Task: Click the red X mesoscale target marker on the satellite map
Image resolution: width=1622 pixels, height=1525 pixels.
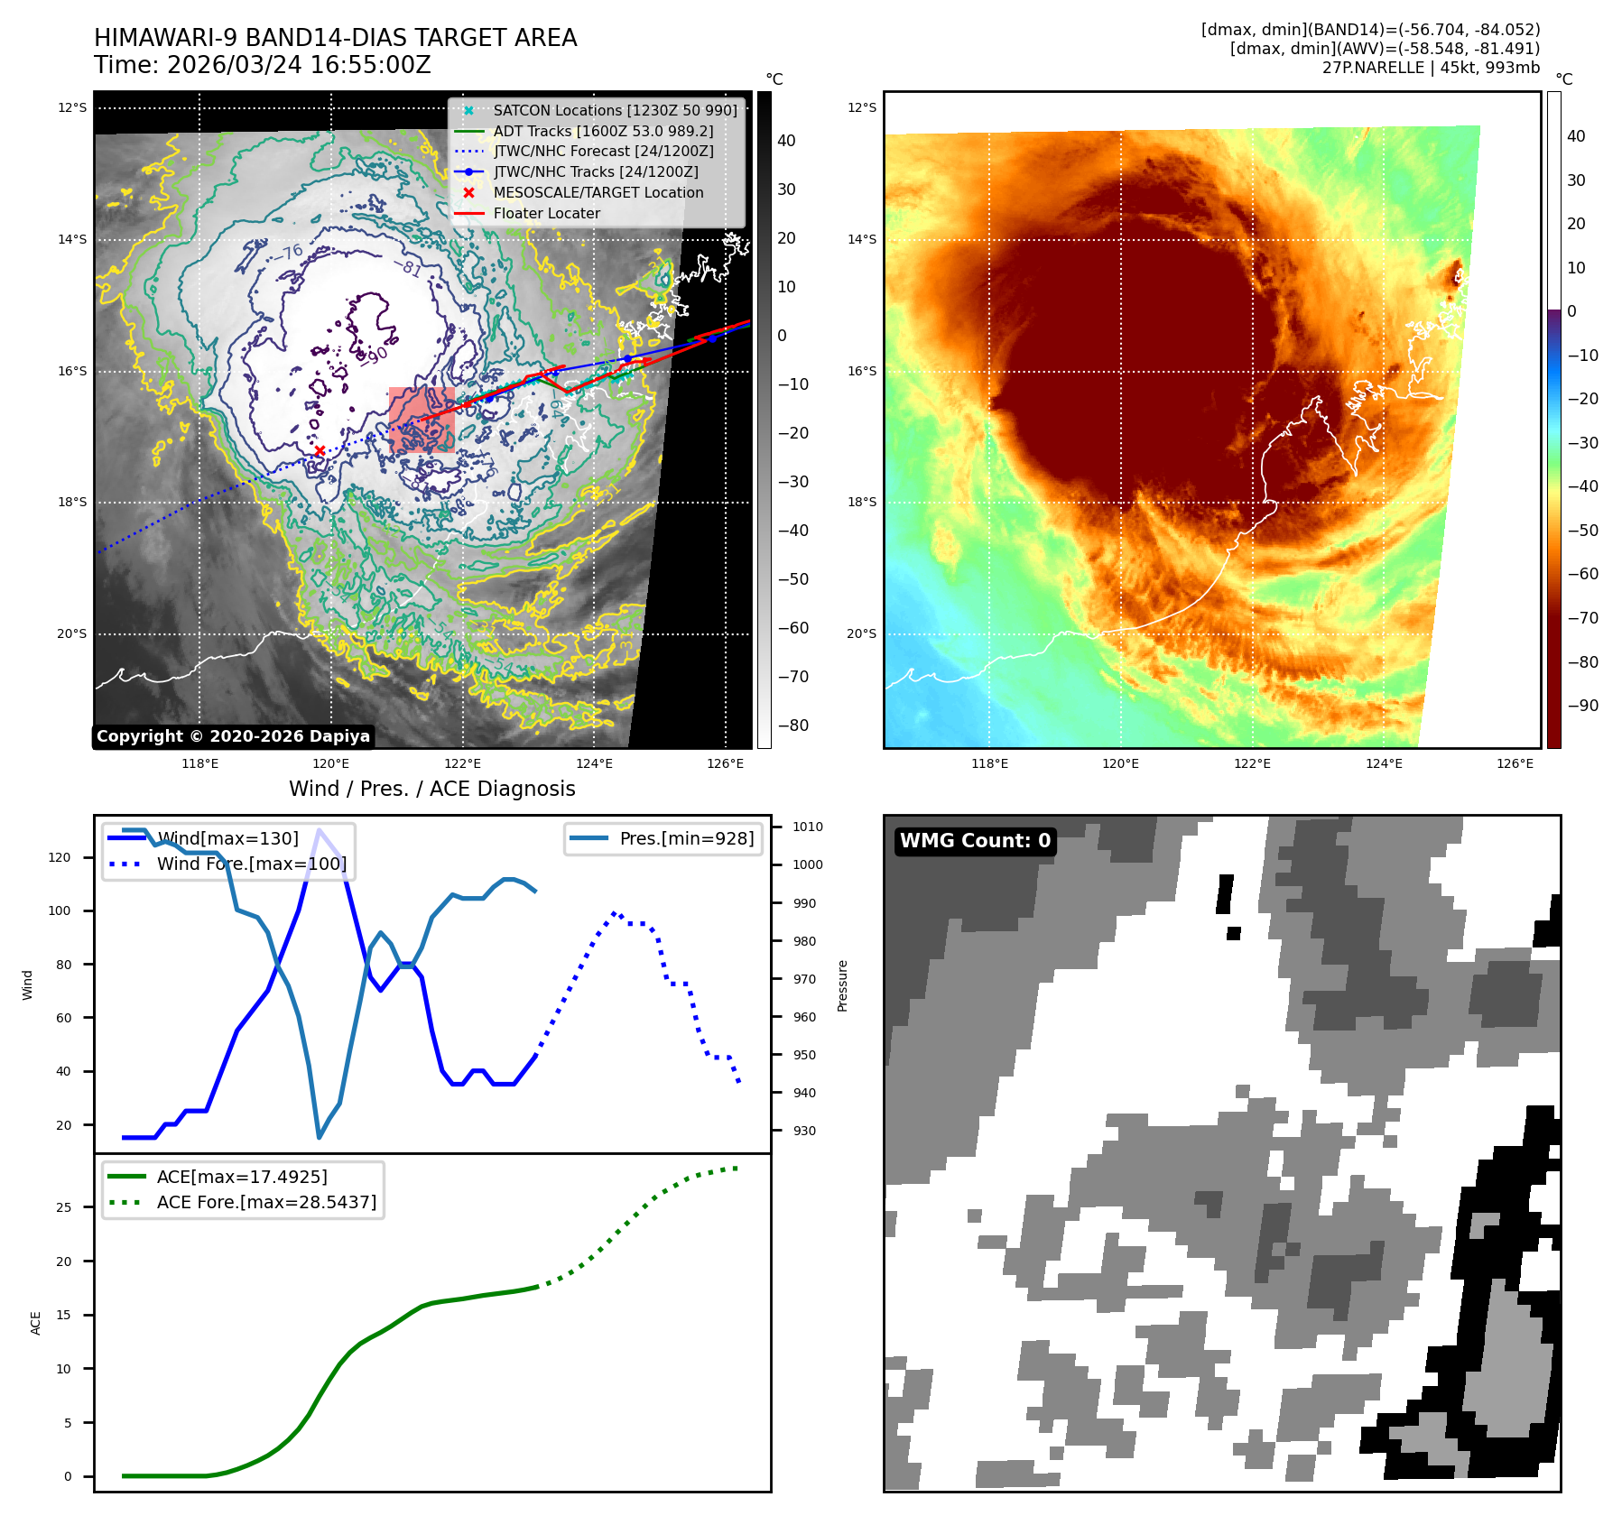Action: tap(320, 450)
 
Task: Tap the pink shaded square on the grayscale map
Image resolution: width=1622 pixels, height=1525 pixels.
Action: tap(422, 420)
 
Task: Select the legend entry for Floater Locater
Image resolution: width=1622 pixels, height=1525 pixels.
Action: tap(546, 214)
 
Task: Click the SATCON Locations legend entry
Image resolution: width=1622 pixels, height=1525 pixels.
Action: tap(615, 111)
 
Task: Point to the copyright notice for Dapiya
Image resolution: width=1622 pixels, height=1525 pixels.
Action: tap(233, 736)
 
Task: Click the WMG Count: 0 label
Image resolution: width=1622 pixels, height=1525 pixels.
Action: tap(975, 841)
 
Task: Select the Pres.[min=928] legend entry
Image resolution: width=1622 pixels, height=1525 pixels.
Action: tap(686, 838)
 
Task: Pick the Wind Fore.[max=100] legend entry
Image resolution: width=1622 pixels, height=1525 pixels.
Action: tap(251, 864)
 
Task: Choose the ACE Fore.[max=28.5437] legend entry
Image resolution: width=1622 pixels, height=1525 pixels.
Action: tap(266, 1202)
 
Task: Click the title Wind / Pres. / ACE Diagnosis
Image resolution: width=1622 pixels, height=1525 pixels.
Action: tap(431, 789)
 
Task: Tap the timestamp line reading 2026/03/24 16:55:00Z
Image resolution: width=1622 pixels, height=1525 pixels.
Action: tap(263, 66)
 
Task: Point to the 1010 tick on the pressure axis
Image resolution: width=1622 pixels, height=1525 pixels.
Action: tap(807, 827)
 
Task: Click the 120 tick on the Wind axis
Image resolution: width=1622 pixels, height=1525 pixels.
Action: tap(60, 857)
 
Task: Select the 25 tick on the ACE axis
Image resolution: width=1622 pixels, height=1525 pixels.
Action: tap(63, 1207)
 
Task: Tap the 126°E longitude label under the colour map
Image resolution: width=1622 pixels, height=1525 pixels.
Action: tap(1514, 763)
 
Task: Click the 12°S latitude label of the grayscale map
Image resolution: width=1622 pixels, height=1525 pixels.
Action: tap(72, 108)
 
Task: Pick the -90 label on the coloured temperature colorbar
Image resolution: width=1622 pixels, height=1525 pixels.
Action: tap(1582, 706)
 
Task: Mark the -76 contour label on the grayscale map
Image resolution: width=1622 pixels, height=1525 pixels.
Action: tap(291, 253)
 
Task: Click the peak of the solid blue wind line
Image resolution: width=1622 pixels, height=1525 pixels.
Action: tap(319, 829)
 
